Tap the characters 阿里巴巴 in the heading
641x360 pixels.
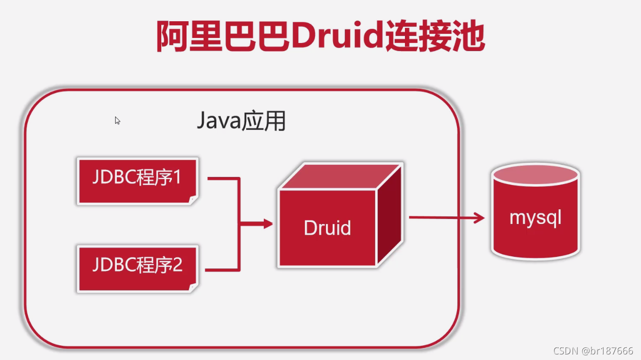pos(223,37)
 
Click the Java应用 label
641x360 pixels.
pos(241,122)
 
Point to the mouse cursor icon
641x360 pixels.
pos(117,120)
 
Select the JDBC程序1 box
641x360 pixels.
pos(136,181)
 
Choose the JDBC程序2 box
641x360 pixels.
pos(136,268)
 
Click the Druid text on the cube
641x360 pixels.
pos(327,228)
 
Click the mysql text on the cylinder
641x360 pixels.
pos(535,218)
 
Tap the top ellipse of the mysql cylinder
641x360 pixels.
pos(535,174)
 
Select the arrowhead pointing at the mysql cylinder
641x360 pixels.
pos(478,218)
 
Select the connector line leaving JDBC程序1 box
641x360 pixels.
pos(222,178)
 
